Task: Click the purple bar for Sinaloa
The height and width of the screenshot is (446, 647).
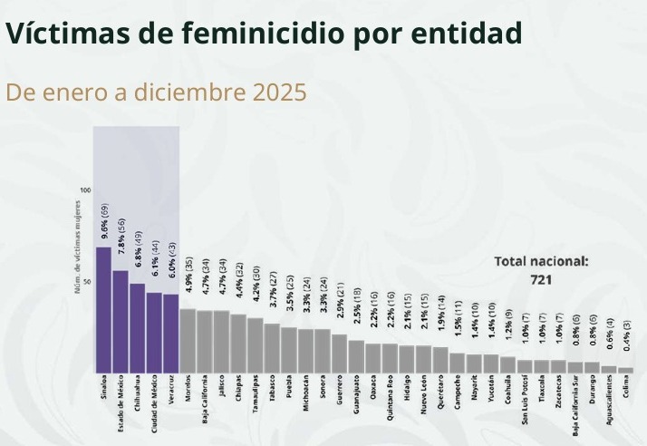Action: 103,310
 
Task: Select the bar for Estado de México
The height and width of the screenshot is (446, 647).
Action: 120,322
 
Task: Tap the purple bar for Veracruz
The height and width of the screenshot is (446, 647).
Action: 170,334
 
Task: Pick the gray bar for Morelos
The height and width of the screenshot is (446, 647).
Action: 188,341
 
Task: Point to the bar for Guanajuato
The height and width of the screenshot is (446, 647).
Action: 356,356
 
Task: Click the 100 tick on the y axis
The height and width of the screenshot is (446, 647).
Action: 85,189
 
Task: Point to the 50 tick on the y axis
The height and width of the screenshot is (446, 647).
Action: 87,282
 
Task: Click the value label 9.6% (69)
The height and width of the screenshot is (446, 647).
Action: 104,221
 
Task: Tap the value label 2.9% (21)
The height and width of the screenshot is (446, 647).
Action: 340,309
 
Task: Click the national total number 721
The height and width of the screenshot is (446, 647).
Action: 541,280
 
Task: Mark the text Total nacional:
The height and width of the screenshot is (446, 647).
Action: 541,261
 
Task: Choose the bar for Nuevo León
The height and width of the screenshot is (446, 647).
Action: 423,359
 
